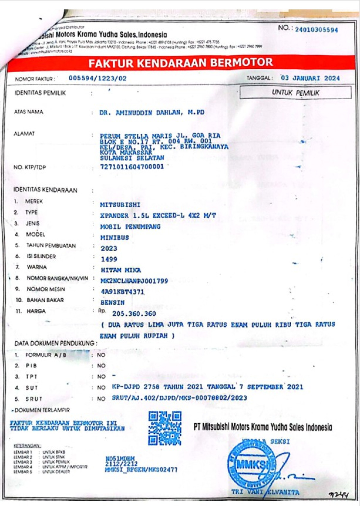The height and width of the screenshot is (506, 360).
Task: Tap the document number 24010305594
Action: pyautogui.click(x=316, y=30)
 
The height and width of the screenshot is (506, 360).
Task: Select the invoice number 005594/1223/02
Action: pyautogui.click(x=97, y=79)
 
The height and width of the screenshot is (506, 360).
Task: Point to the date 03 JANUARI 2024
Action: pyautogui.click(x=310, y=78)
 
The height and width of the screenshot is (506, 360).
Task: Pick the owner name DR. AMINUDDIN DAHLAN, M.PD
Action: pyautogui.click(x=152, y=113)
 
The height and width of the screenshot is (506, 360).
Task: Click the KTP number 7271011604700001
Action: pyautogui.click(x=132, y=167)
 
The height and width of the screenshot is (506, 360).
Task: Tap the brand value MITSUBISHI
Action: pyautogui.click(x=120, y=205)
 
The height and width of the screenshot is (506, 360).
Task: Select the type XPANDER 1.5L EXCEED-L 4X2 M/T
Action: pyautogui.click(x=158, y=216)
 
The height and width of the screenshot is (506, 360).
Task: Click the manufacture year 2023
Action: pyautogui.click(x=109, y=248)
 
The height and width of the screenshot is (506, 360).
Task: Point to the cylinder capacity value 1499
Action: pyautogui.click(x=109, y=259)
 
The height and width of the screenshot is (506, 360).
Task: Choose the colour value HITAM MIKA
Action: pyautogui.click(x=121, y=270)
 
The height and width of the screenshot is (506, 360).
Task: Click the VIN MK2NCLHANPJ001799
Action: pyautogui.click(x=134, y=281)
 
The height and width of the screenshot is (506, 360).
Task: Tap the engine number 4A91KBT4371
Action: pyautogui.click(x=122, y=292)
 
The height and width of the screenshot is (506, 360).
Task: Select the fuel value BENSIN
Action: pyautogui.click(x=112, y=303)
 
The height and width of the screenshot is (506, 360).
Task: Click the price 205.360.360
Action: pyautogui.click(x=134, y=314)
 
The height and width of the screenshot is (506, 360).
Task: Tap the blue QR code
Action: pyautogui.click(x=165, y=428)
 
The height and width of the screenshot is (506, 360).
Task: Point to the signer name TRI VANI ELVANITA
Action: pyautogui.click(x=265, y=492)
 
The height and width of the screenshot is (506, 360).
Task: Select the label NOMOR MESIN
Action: pyautogui.click(x=46, y=289)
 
